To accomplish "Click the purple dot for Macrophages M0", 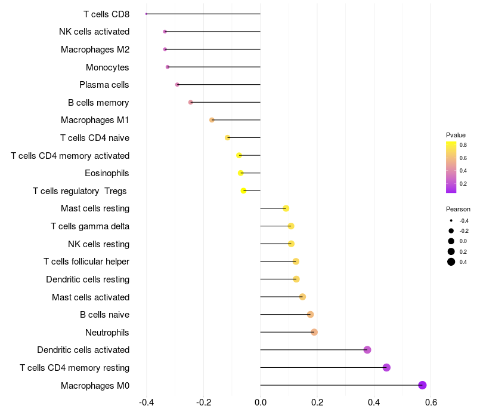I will (x=422, y=385).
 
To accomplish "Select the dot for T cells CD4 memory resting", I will (x=386, y=367).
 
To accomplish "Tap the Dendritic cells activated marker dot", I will (x=367, y=350).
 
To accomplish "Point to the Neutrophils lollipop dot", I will (x=314, y=332).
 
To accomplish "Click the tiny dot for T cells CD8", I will (x=146, y=14).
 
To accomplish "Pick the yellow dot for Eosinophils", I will (x=241, y=173).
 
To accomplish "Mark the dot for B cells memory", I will (x=191, y=102).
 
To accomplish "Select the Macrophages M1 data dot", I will (x=212, y=120).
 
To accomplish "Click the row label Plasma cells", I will (x=104, y=85).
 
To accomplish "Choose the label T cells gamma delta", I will (x=90, y=226).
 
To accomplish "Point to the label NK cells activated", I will (x=94, y=32).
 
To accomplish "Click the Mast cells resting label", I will (x=95, y=208).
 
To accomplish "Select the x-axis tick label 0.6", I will (x=431, y=402).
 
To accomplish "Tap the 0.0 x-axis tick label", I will (x=261, y=402).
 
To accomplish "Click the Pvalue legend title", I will (x=456, y=135).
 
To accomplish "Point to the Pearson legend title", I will (x=458, y=209).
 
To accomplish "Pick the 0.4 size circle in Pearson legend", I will (x=451, y=262).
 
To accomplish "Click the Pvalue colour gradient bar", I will (x=451, y=167).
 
